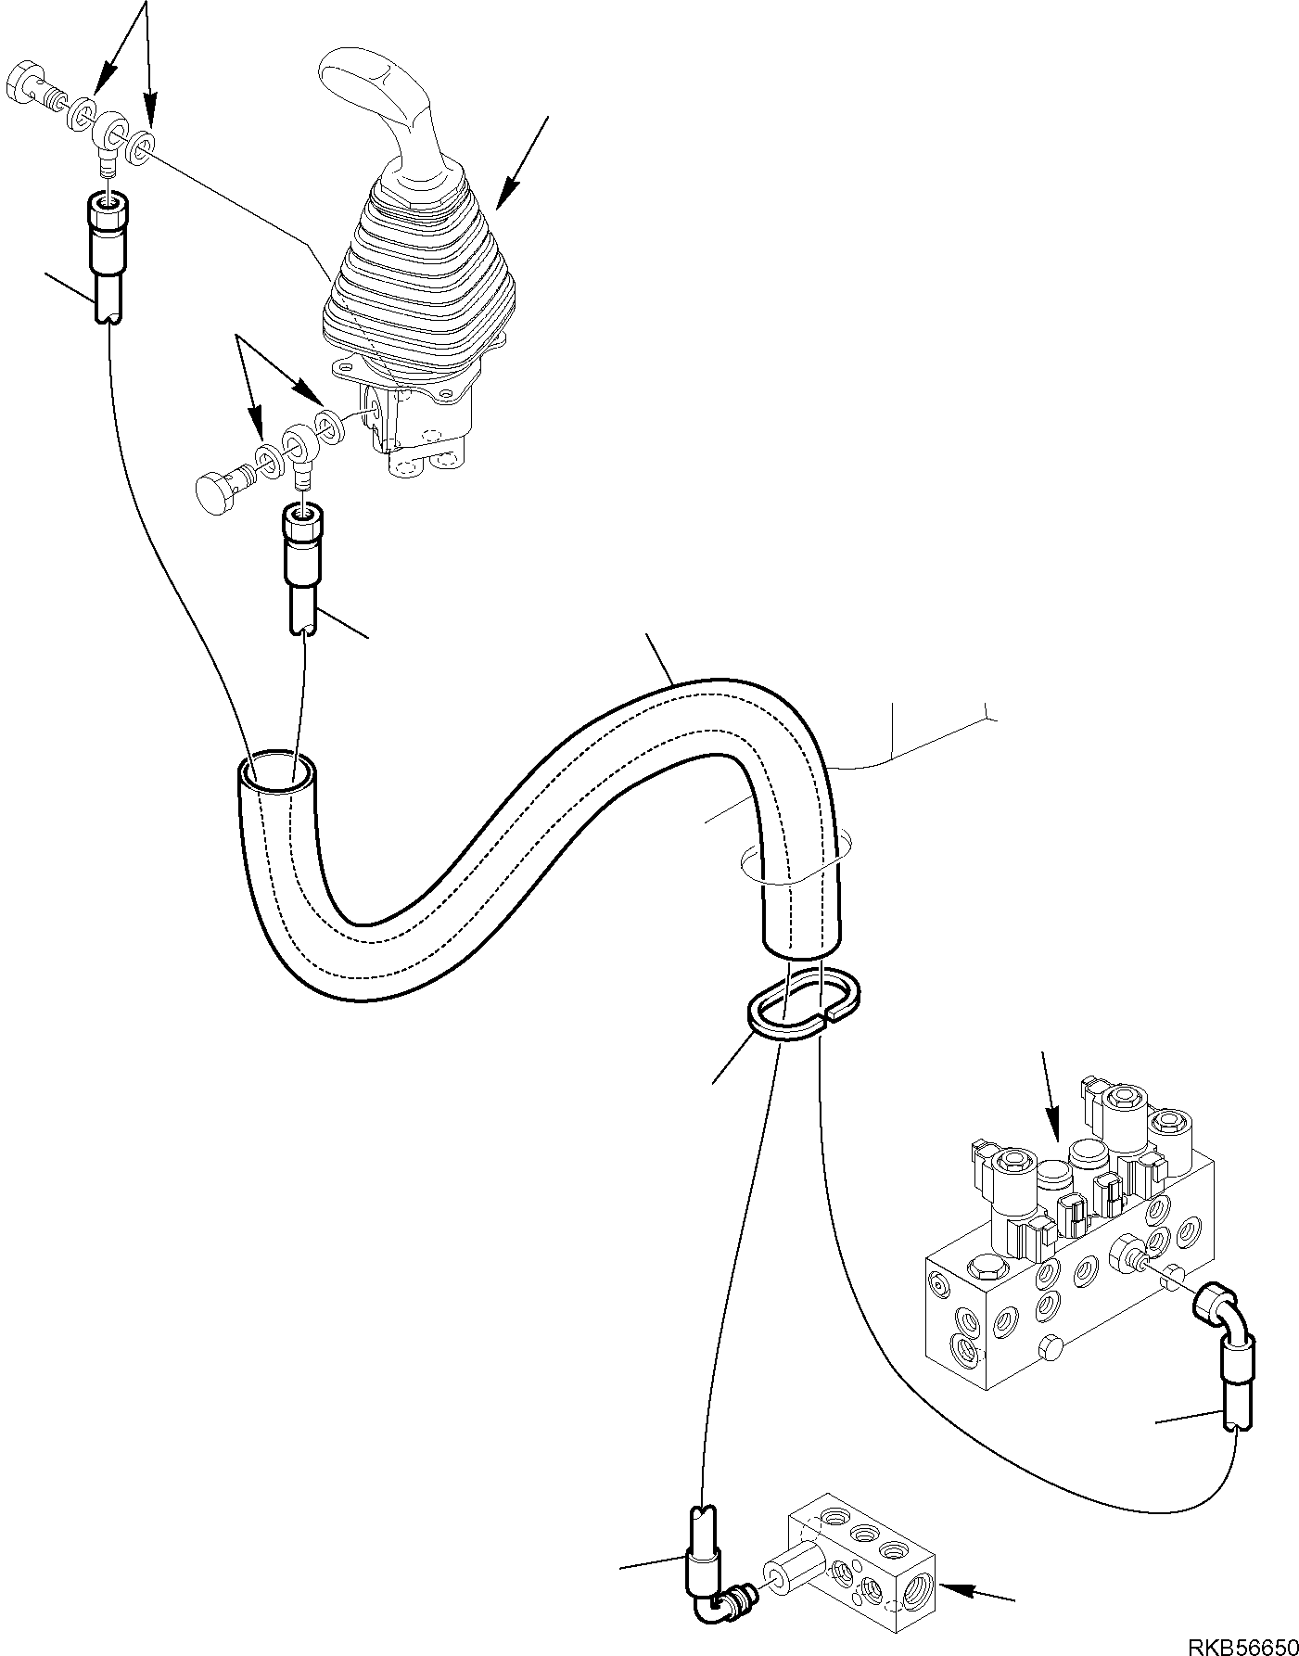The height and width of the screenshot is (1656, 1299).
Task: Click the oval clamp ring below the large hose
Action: [805, 1004]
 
